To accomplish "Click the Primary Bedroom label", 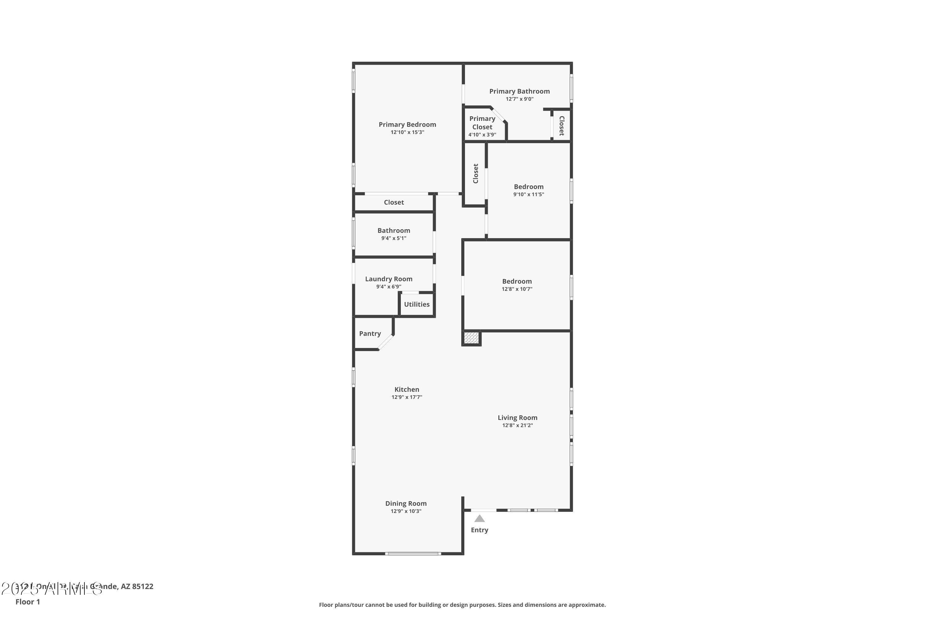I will (x=407, y=124).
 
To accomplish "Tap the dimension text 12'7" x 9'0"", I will (x=519, y=99).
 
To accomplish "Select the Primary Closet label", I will (x=482, y=123).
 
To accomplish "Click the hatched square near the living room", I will (x=471, y=338).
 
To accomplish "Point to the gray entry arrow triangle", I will (x=479, y=519).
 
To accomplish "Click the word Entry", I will (x=479, y=530).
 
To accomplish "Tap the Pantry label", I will (x=370, y=333).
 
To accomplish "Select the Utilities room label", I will (x=417, y=304).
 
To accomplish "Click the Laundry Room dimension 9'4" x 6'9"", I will (x=388, y=287).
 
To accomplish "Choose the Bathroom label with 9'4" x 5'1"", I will (x=394, y=230).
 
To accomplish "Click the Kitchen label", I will (x=407, y=389).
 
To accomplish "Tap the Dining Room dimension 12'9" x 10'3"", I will (x=406, y=511).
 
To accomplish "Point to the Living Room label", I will (x=517, y=417).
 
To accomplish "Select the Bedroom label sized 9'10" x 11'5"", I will (x=528, y=187).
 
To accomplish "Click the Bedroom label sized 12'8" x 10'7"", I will (x=517, y=281).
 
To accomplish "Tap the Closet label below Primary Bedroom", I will (x=394, y=202).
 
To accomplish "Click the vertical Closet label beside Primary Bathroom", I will (x=561, y=126).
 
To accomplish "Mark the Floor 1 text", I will (x=27, y=602).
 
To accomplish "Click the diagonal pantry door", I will (x=385, y=342).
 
